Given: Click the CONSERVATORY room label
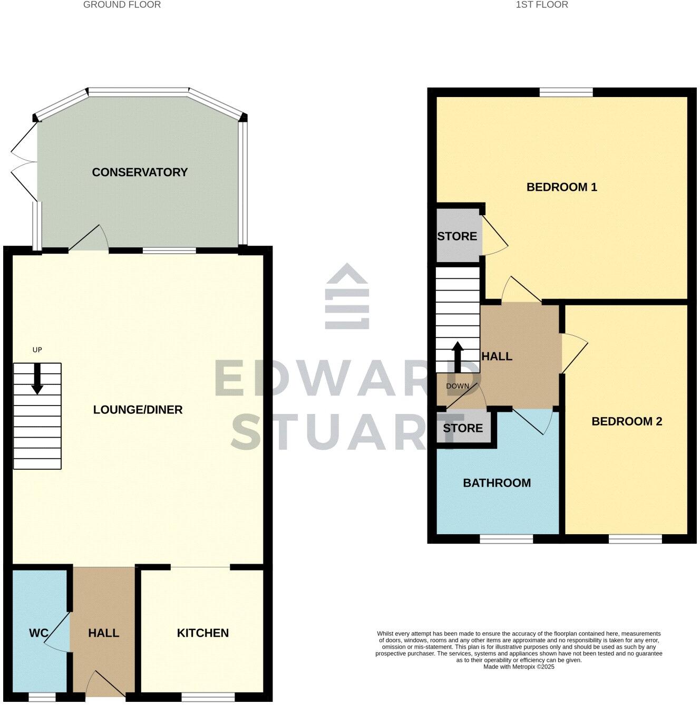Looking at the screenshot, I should pos(140,172).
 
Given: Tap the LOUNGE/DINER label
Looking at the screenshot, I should pos(138,410).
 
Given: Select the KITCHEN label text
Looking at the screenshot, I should pos(203,633).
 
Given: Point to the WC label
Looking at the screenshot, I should pos(38,633).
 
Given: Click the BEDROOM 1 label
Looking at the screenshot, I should pos(562,187).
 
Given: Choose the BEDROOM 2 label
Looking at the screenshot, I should pos(627,421).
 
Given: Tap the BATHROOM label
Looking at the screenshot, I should pos(497,483).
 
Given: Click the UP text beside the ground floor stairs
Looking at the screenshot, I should pos(37,350).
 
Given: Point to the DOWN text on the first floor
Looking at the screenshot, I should pos(458,386).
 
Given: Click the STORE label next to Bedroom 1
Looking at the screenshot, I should pos(457,236).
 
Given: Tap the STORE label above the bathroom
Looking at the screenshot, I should pos(463,428).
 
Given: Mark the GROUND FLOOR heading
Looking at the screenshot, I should pos(122,5).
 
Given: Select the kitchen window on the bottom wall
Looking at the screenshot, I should pos(208,697).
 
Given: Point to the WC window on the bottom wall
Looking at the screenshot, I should pos(42,697).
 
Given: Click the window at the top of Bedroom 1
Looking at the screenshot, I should pos(566,92).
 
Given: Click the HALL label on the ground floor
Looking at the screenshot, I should pos(104,633).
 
